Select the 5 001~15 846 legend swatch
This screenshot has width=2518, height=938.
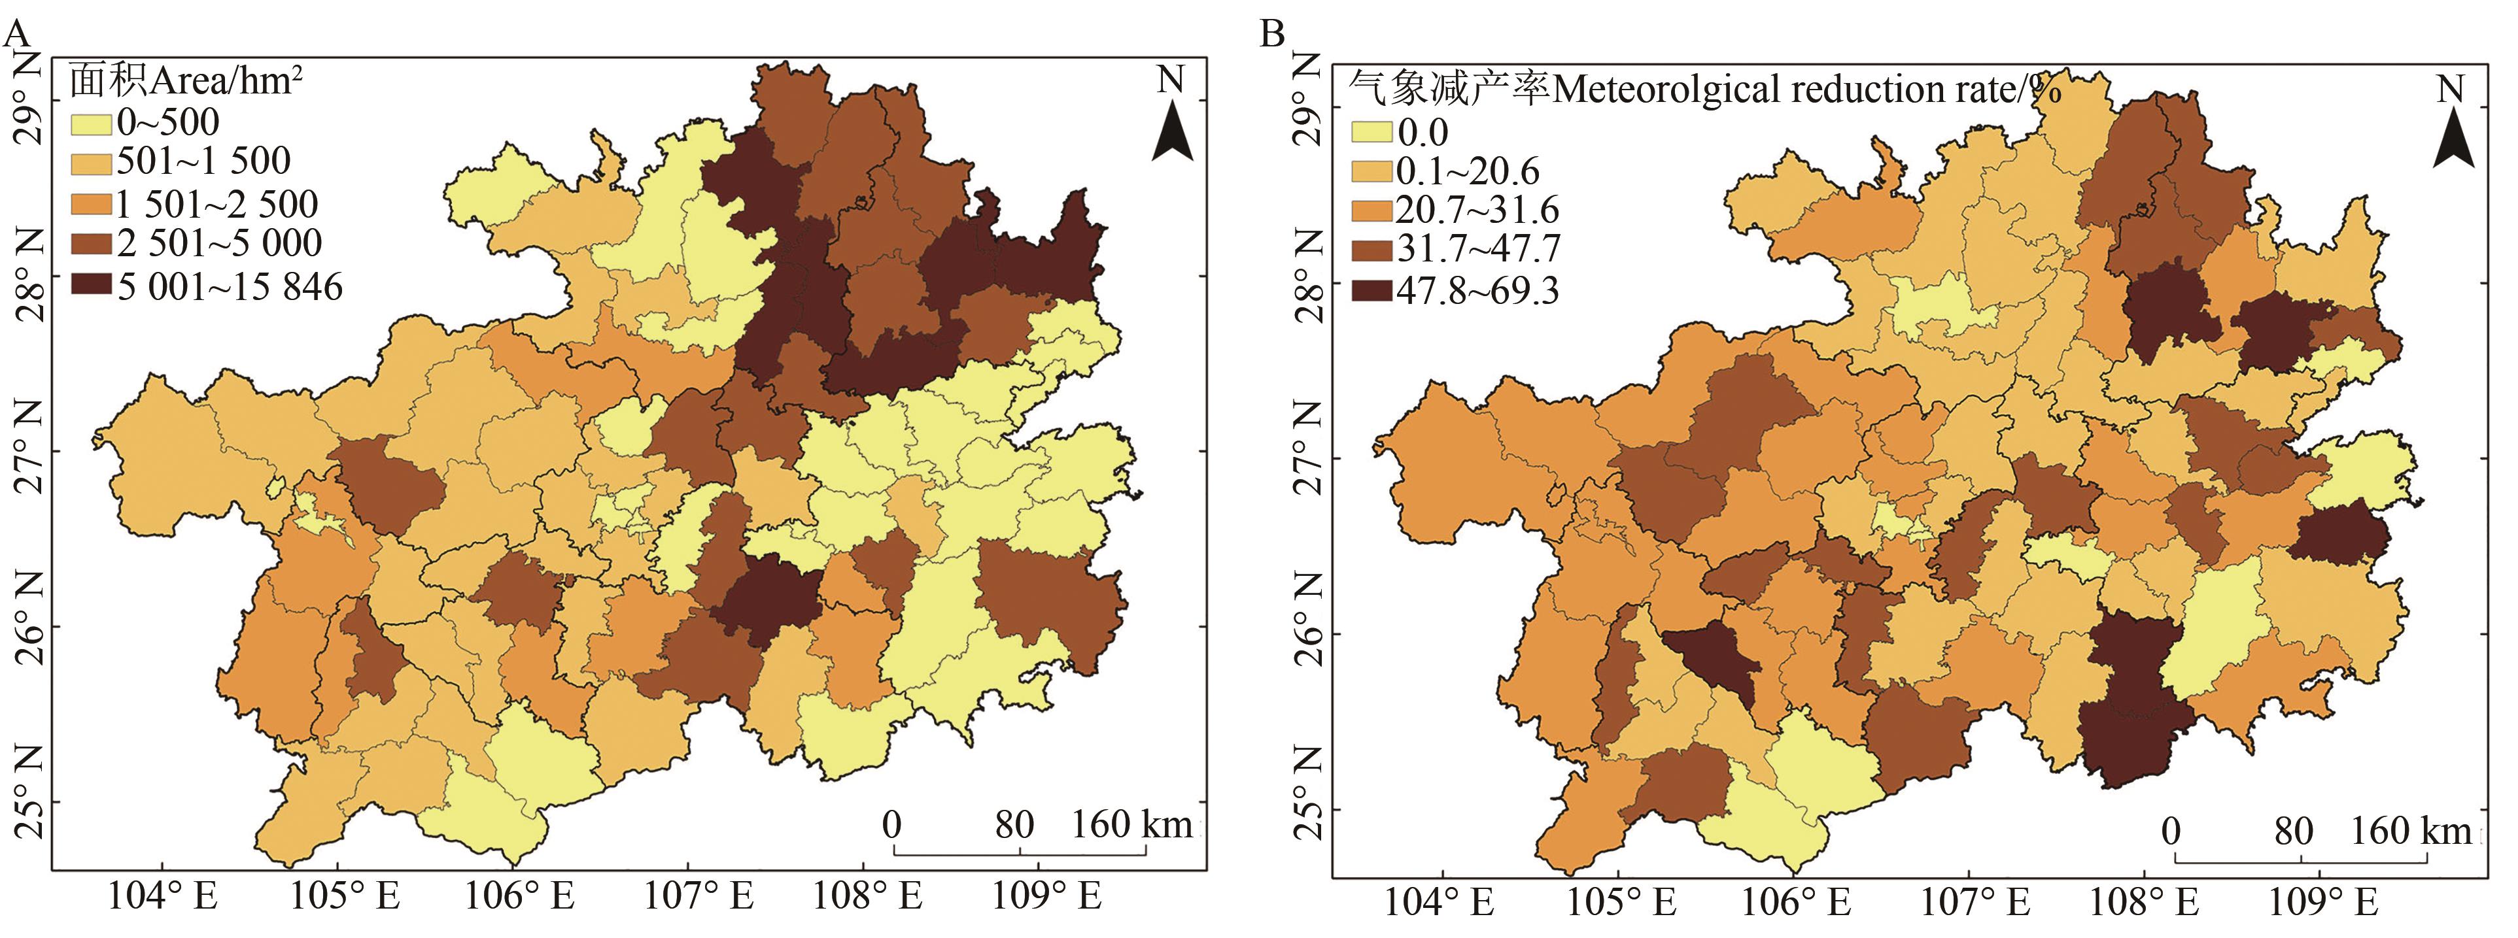91,285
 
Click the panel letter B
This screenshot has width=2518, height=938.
1271,33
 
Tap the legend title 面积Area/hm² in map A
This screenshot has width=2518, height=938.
186,81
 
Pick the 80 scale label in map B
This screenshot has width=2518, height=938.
2293,831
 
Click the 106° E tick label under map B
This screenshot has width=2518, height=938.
1797,901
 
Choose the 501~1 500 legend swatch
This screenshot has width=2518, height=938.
91,162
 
